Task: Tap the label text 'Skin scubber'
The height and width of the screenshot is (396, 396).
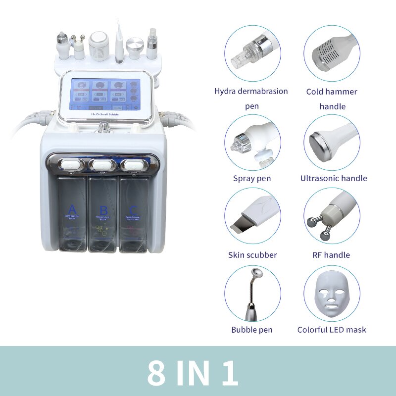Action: pos(252,255)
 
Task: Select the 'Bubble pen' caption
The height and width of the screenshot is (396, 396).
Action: pos(252,330)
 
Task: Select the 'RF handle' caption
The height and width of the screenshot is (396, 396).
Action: pos(332,255)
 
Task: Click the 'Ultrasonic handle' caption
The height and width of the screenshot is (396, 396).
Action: pos(334,178)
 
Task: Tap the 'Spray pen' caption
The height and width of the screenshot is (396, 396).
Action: pos(252,178)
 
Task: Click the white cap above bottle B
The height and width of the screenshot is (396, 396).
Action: pos(103,163)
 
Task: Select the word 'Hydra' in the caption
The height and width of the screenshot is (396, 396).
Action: pos(225,91)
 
